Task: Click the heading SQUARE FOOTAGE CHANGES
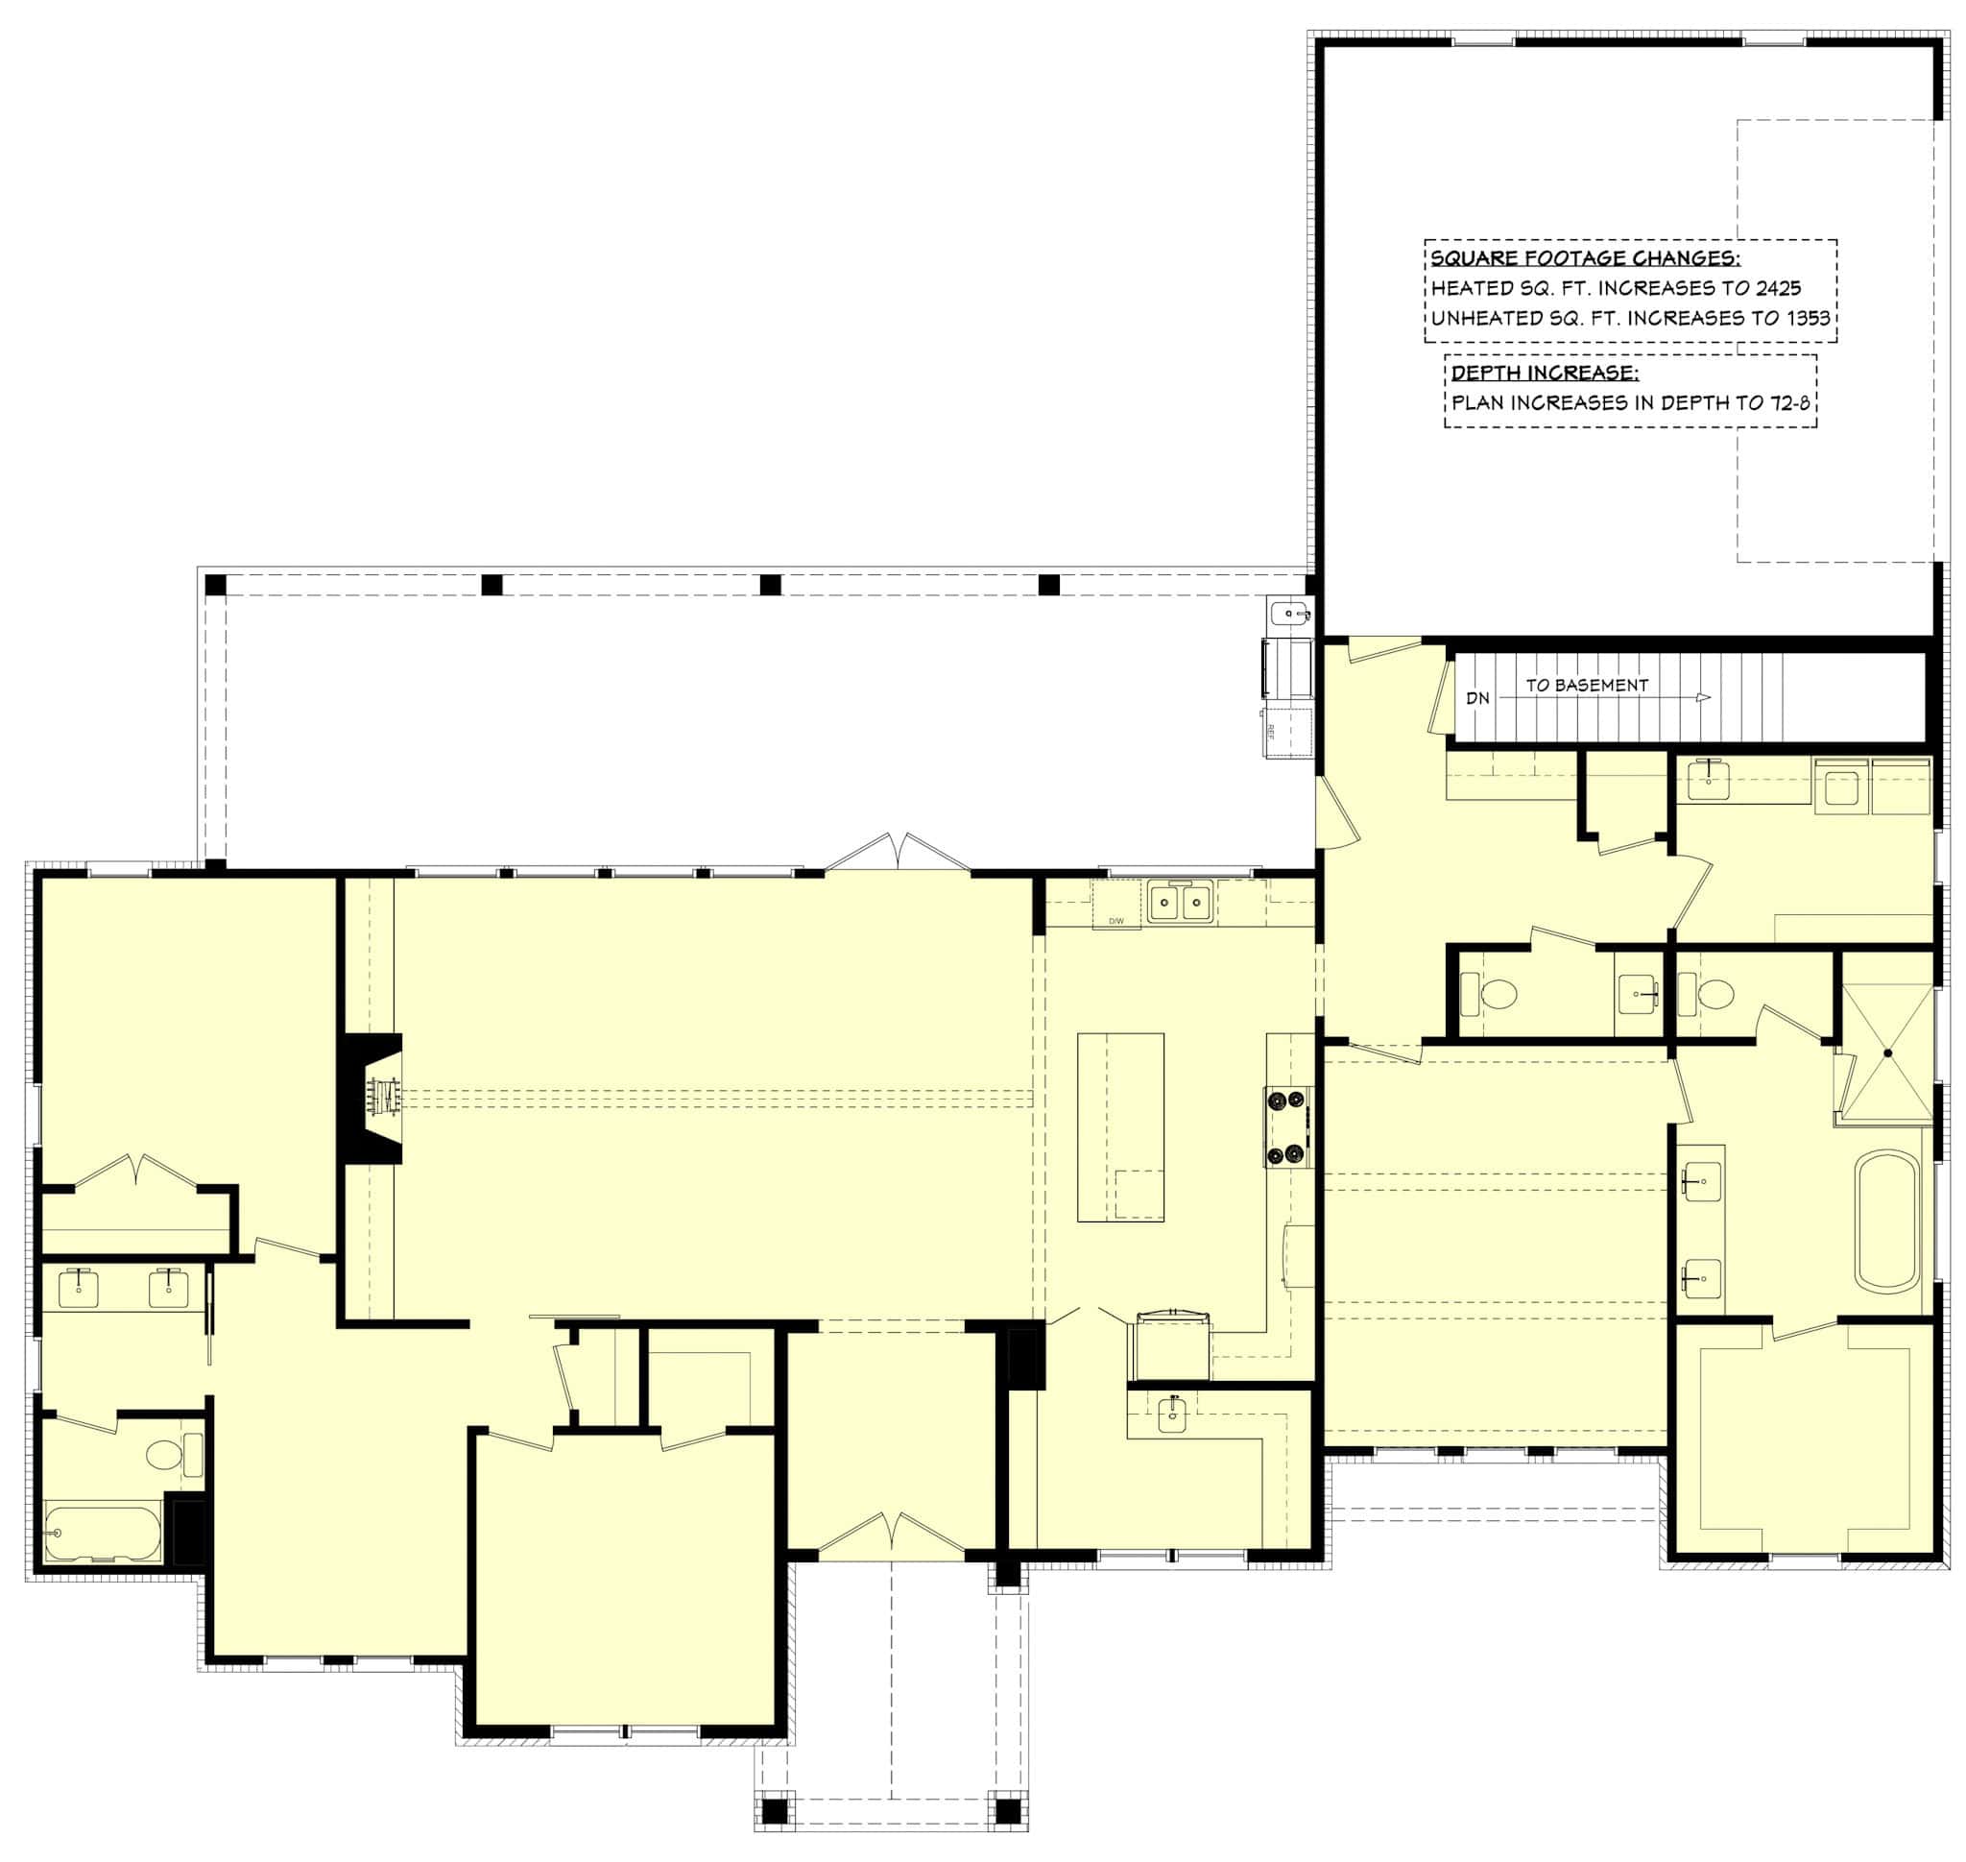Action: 1584,259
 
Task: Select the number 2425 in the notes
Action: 1777,289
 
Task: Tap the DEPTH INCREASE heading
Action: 1545,374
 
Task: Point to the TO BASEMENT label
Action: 1587,685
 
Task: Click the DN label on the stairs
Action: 1477,698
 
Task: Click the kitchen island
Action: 1120,1127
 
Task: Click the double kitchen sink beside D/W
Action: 1181,903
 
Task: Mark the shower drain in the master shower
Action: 1889,1052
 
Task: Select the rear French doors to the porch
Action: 899,853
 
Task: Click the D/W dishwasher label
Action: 1115,922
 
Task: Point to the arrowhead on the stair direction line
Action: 1703,698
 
